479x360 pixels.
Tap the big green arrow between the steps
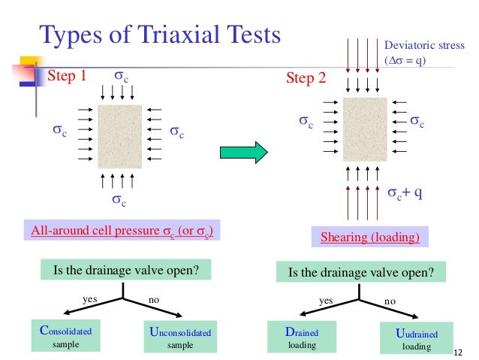[x=243, y=153]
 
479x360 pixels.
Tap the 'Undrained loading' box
[x=416, y=338]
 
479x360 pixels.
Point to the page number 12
[x=461, y=352]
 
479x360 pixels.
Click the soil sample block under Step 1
[x=119, y=136]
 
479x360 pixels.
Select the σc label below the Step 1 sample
[x=119, y=199]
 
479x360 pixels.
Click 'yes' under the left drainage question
[x=89, y=299]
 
